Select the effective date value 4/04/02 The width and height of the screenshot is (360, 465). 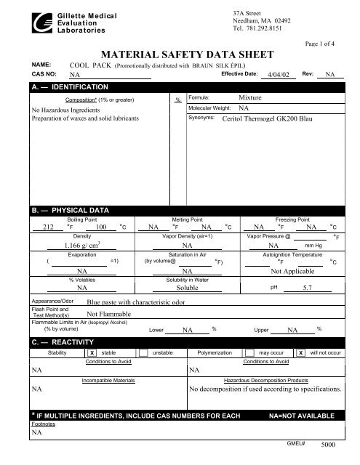279,74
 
